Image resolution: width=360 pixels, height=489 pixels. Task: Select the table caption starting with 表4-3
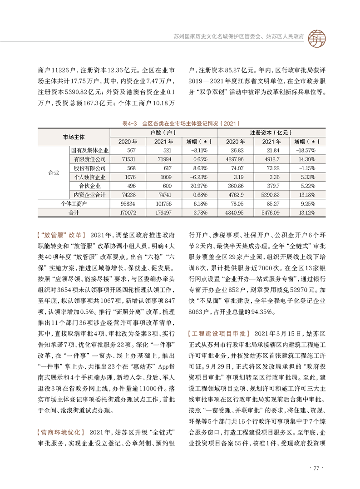click(x=180, y=123)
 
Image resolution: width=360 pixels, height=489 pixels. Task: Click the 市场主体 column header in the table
click(x=74, y=136)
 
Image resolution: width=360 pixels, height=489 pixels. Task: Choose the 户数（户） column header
click(x=163, y=133)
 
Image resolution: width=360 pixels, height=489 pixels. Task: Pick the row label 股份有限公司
click(x=90, y=168)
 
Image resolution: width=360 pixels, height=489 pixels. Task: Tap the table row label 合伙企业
click(x=90, y=186)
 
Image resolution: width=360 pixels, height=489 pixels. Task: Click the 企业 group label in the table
click(x=54, y=172)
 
